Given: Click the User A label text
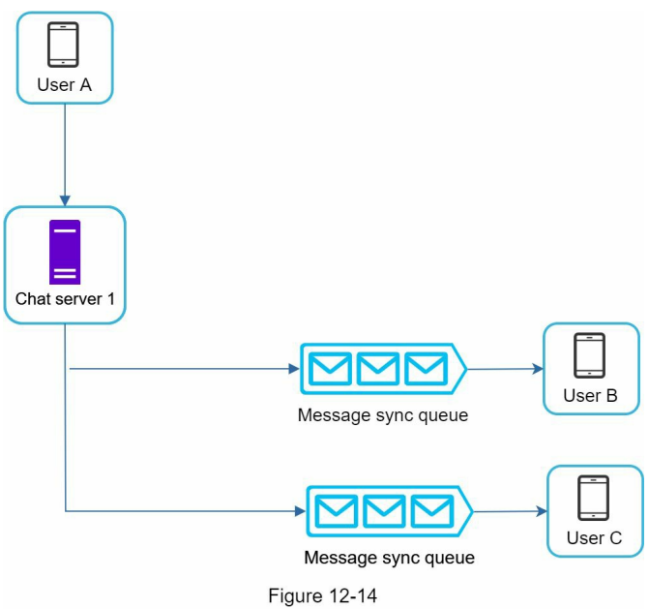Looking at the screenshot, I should coord(64,84).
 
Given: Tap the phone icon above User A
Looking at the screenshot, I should coord(63,45).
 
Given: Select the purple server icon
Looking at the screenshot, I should coord(64,252).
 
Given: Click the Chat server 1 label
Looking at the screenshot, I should coord(65,299).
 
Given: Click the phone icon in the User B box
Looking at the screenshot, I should coord(590,355).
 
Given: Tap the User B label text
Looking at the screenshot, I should coord(590,395).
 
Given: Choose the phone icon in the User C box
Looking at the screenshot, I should coord(594,498).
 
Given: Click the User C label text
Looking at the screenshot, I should coord(594,538).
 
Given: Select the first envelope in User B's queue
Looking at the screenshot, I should coord(330,369).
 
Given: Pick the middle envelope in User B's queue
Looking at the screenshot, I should coord(378,369).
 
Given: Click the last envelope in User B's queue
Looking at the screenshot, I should coord(425,369).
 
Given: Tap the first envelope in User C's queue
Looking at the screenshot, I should coord(336,511).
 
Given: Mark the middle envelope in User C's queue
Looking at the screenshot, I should coord(384,511).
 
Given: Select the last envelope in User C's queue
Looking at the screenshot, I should coord(431,511).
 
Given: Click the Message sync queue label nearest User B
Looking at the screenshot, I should coord(383,415).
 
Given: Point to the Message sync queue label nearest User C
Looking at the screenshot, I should coord(389,558).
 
